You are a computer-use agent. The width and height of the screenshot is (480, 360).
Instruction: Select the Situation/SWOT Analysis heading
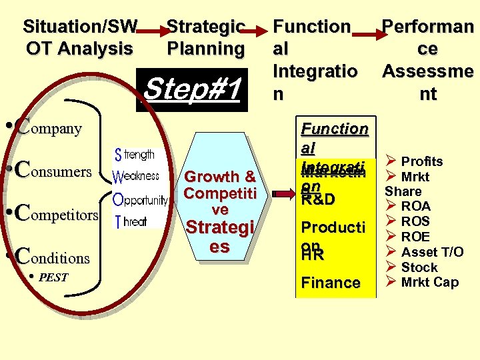click(79, 38)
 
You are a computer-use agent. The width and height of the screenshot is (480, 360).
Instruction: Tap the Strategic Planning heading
click(205, 38)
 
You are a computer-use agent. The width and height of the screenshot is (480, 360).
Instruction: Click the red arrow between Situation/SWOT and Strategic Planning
click(152, 30)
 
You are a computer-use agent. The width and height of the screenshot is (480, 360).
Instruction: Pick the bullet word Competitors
click(56, 214)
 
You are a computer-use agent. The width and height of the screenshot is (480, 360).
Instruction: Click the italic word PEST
click(53, 277)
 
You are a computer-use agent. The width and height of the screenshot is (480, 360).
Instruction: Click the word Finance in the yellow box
click(331, 283)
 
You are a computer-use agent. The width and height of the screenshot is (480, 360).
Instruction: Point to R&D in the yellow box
click(318, 199)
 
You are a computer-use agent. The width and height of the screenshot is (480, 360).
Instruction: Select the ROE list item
click(415, 237)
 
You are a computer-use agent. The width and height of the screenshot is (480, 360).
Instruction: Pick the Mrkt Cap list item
click(429, 282)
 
